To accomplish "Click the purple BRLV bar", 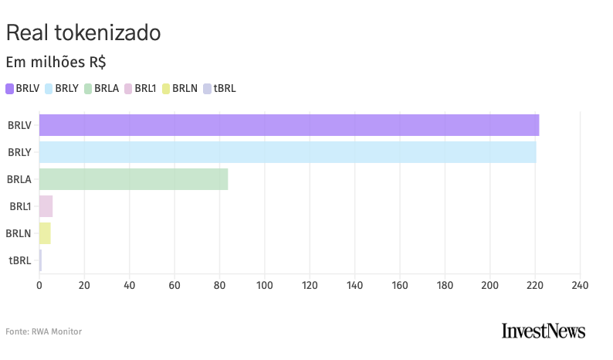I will (x=289, y=125).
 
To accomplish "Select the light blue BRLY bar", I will (x=287, y=152).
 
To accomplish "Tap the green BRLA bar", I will (x=134, y=179).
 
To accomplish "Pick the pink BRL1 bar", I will (x=46, y=206).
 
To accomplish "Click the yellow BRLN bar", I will (x=45, y=233).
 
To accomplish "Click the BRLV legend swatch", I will (x=10, y=89).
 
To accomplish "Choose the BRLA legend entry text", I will (x=107, y=89).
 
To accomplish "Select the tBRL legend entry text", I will (x=225, y=89).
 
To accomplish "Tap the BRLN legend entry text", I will (x=185, y=89).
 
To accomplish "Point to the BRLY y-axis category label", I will (x=19, y=152).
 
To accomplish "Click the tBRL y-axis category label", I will (x=20, y=260).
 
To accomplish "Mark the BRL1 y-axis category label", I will (x=20, y=206).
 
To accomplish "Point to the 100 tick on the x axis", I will (x=265, y=286).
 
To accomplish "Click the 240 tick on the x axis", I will (x=580, y=286).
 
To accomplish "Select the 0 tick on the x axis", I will (x=39, y=286).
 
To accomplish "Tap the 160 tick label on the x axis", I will (x=400, y=286).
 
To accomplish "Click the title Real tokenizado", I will (x=83, y=33).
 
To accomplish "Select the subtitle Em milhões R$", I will (x=56, y=62).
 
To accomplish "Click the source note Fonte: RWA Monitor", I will (x=43, y=331).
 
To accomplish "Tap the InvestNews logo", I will (x=544, y=331).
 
